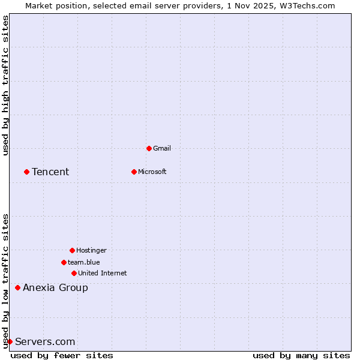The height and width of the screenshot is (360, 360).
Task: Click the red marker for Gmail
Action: [x=149, y=148]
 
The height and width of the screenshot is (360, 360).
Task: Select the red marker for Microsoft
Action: [x=134, y=172]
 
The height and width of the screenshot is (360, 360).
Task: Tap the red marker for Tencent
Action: [x=26, y=172]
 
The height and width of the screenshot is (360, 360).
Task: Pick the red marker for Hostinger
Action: [x=72, y=250]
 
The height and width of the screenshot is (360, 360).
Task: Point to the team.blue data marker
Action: [x=64, y=262]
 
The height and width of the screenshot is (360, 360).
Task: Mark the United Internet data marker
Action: [x=74, y=273]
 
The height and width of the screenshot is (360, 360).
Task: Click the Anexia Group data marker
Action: [x=17, y=287]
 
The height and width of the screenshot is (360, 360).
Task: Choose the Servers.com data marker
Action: [x=10, y=341]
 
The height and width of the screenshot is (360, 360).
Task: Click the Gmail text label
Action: [x=162, y=148]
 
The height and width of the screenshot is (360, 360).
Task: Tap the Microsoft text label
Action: [x=152, y=172]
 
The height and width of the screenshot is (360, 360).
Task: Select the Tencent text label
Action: [x=50, y=172]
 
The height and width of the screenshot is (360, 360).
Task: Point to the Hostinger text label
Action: [x=91, y=250]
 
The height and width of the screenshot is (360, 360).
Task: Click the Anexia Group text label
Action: [x=55, y=288]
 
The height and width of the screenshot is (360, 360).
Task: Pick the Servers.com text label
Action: [x=45, y=342]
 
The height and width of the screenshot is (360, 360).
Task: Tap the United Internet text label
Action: [x=102, y=273]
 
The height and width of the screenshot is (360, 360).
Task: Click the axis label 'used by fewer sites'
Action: [x=62, y=355]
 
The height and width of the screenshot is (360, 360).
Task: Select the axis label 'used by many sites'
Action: [x=301, y=355]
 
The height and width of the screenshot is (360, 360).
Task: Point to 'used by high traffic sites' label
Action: [x=6, y=85]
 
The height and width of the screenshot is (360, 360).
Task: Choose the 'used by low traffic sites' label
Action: [x=6, y=281]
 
